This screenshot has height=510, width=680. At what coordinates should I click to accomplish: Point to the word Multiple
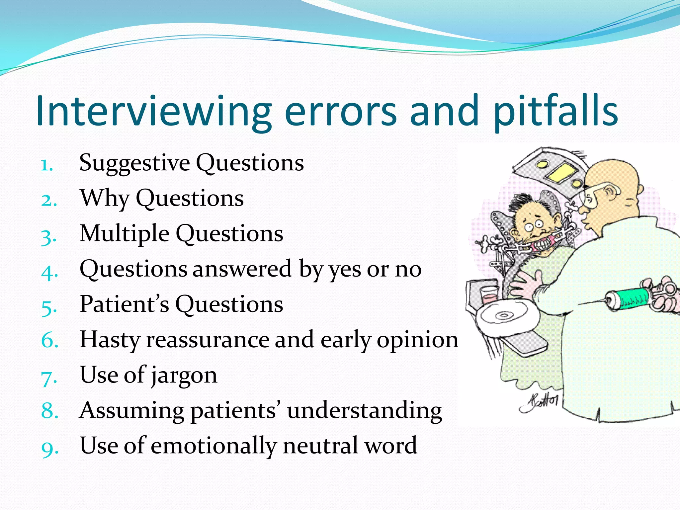point(125,233)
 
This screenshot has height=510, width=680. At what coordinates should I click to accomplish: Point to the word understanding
point(365,411)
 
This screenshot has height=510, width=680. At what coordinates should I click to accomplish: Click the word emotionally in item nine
point(213,446)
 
